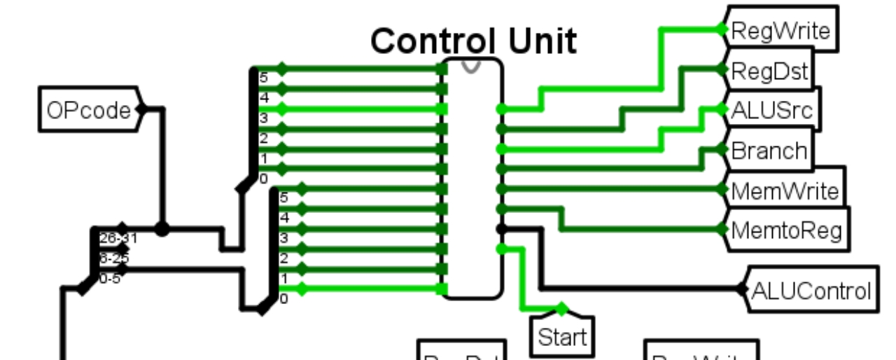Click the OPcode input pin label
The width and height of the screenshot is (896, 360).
89,110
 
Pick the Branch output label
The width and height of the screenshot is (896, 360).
768,150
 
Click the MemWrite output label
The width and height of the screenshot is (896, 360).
783,190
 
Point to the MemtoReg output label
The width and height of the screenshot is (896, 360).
786,229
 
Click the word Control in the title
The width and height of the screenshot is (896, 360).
431,41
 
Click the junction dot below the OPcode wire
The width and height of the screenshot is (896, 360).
162,228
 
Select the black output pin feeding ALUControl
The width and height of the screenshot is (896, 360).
500,228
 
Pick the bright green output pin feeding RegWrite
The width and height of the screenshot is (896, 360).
500,109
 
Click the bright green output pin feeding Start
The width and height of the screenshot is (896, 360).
500,249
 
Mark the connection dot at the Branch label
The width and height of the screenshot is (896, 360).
722,149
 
